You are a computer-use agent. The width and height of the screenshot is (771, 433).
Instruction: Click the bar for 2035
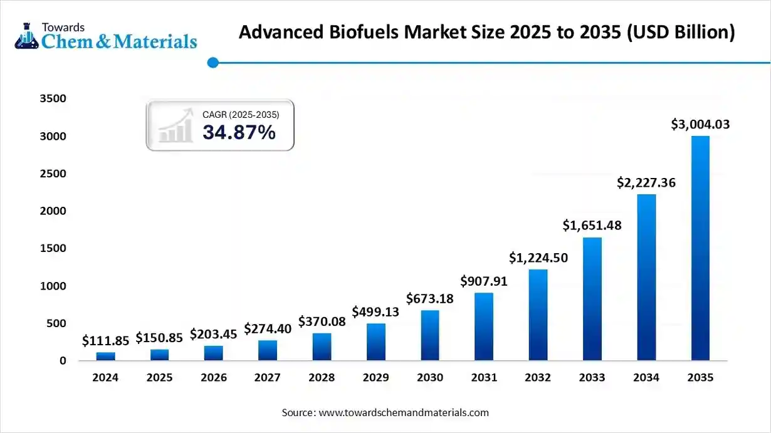click(700, 248)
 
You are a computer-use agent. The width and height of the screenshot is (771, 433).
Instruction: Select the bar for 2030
click(430, 335)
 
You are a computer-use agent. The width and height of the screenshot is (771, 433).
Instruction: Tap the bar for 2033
click(592, 299)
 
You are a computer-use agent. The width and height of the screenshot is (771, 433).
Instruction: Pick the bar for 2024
click(105, 356)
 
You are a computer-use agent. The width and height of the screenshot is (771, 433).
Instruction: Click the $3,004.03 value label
click(700, 125)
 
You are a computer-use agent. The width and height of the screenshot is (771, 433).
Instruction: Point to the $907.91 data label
click(484, 281)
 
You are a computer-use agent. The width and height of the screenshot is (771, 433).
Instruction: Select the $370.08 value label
click(322, 321)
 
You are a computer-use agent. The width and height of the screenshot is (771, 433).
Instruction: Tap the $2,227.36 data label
click(646, 182)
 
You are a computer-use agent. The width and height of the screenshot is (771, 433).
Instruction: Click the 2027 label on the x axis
click(268, 378)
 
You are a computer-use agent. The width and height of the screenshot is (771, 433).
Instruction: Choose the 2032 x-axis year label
click(538, 378)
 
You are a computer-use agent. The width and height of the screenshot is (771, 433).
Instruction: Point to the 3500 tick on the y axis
click(53, 99)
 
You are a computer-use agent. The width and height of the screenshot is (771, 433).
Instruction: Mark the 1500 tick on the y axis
click(53, 249)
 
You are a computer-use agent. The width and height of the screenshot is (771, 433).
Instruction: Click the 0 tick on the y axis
click(63, 361)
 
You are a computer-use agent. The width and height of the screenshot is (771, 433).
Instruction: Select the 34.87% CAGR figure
click(239, 132)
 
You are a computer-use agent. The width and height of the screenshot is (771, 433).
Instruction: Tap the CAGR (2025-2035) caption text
click(241, 115)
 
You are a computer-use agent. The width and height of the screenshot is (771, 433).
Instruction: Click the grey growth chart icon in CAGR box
click(176, 125)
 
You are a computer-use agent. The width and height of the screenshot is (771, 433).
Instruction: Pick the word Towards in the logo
click(62, 27)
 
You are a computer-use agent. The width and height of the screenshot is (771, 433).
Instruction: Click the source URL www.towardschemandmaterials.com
click(404, 412)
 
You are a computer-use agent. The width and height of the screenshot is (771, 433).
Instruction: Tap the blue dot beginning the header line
click(212, 62)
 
